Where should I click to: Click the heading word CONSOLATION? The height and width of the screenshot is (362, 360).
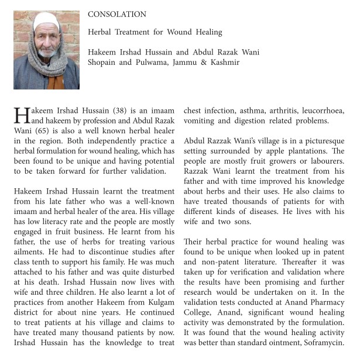117,14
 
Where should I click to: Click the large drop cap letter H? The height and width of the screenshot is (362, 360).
20,115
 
